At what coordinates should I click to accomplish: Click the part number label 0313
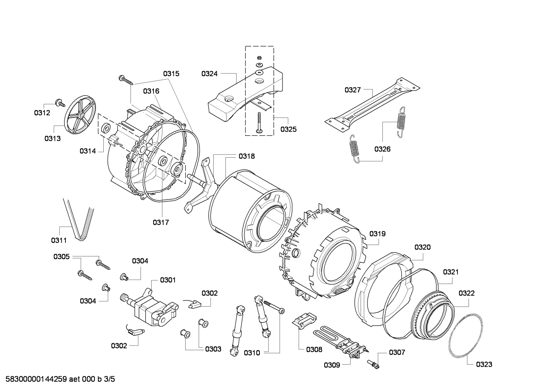pyautogui.click(x=52, y=139)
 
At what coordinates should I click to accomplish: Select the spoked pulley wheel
pyautogui.click(x=80, y=115)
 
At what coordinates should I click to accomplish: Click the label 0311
pyautogui.click(x=59, y=240)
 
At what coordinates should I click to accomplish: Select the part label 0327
pyautogui.click(x=353, y=90)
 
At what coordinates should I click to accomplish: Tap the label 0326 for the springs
pyautogui.click(x=382, y=149)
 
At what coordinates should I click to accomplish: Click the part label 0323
pyautogui.click(x=484, y=364)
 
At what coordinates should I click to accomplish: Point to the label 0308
pyautogui.click(x=314, y=349)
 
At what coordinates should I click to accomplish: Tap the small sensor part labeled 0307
pyautogui.click(x=374, y=364)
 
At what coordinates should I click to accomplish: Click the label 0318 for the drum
pyautogui.click(x=247, y=156)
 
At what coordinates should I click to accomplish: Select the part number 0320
pyautogui.click(x=422, y=247)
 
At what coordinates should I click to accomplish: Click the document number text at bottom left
pyautogui.click(x=58, y=380)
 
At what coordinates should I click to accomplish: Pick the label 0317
pyautogui.click(x=161, y=222)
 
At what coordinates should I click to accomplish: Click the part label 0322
pyautogui.click(x=466, y=293)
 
